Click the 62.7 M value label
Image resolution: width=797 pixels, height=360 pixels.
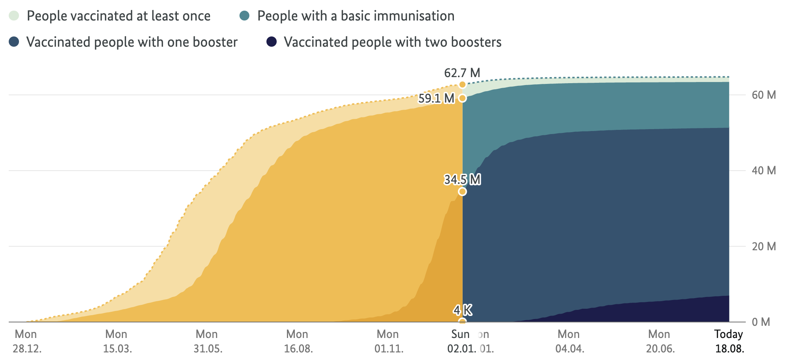462,73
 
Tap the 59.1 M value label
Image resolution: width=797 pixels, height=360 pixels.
436,99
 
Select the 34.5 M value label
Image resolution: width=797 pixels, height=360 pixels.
462,179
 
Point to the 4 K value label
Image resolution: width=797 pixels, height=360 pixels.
462,310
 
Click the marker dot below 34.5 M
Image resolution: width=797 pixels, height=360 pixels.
462,191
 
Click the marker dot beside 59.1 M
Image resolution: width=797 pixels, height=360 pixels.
462,98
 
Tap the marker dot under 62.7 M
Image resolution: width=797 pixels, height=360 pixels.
462,85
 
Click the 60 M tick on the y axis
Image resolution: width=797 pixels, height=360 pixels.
763,95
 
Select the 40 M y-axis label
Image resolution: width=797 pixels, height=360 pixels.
763,171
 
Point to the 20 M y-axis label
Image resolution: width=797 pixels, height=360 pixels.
763,246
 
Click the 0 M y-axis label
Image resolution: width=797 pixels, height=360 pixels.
761,322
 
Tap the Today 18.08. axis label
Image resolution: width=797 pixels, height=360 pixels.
729,341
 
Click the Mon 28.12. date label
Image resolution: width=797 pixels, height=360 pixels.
27,341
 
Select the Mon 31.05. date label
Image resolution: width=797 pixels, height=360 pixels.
207,341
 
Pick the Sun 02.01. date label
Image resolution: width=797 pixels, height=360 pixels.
461,341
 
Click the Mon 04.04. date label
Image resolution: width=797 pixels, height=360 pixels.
569,341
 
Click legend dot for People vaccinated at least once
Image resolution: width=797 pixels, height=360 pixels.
14,16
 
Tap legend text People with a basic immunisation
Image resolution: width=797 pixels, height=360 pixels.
356,16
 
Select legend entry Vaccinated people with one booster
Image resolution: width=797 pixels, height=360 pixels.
132,42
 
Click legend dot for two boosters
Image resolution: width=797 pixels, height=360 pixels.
272,42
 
